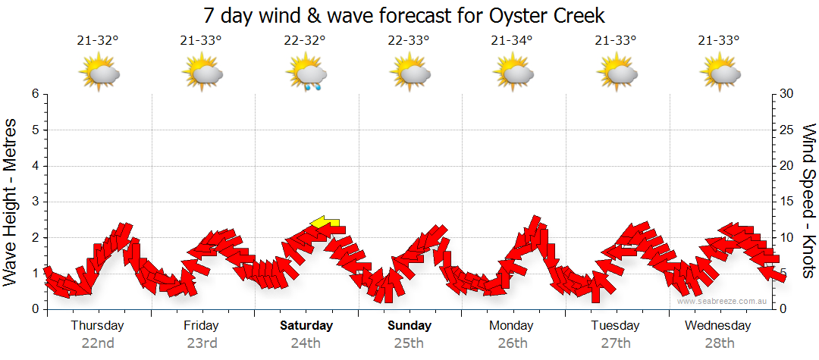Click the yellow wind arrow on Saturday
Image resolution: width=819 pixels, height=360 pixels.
(325, 222)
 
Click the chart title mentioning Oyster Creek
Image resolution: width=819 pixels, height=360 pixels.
(404, 15)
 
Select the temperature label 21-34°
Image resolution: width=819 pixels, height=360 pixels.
(512, 41)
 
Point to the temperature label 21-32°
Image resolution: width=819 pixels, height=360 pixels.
(98, 41)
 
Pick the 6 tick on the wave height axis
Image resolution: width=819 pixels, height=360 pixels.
(34, 94)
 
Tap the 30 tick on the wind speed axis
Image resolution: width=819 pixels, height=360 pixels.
(787, 94)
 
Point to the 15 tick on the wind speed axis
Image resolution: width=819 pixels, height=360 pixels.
(787, 202)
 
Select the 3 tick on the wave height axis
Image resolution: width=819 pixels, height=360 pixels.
(34, 202)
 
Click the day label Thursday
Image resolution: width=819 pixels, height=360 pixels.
(97, 326)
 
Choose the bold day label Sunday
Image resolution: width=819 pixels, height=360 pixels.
(409, 326)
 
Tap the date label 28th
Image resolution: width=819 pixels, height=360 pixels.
(720, 343)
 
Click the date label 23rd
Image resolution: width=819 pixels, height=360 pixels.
(201, 343)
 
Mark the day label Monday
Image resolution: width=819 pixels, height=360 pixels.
(512, 326)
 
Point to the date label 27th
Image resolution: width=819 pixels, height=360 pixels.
(616, 343)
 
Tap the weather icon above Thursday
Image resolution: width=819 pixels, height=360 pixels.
(99, 74)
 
